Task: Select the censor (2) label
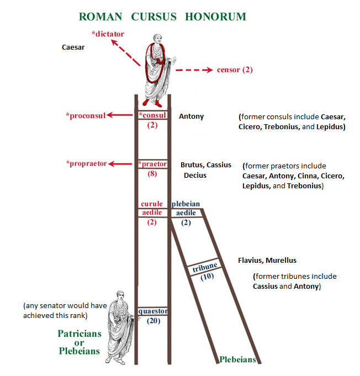pos(235,70)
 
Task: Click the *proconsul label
pos(85,115)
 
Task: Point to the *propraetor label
pos(87,163)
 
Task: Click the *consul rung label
pos(152,115)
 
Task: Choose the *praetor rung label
pos(152,163)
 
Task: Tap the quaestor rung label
pos(152,311)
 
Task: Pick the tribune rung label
pos(205,267)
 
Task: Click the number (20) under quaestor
pos(153,321)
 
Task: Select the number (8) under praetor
pos(152,173)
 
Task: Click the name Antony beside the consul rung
pos(191,116)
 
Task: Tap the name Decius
pos(195,176)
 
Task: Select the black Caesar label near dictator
pos(72,47)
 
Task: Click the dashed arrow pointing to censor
pos(194,70)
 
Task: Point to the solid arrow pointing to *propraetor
pos(122,163)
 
